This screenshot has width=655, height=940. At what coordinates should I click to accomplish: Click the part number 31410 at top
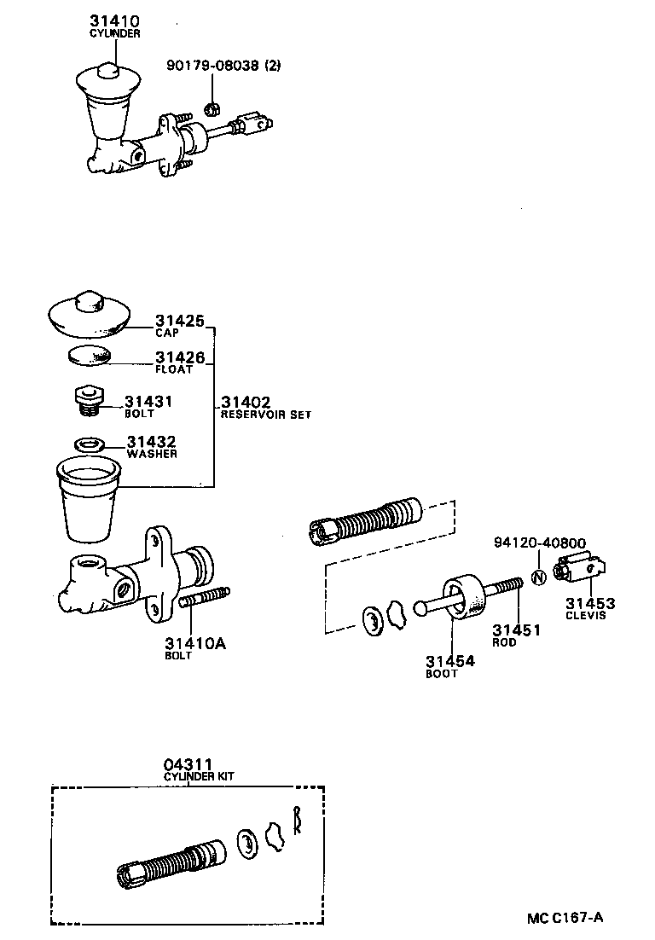click(115, 20)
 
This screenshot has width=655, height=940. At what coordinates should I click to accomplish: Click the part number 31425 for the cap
click(179, 322)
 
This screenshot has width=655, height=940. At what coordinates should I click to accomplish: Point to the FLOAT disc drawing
click(89, 355)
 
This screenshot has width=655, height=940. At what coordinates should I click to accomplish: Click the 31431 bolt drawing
click(87, 399)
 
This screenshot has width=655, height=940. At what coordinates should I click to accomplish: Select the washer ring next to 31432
click(89, 444)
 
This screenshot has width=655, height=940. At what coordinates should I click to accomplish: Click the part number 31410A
click(194, 643)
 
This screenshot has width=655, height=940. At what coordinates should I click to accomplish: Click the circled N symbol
click(537, 577)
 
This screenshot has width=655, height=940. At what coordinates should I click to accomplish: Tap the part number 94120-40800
click(539, 543)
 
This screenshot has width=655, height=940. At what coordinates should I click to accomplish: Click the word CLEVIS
click(585, 616)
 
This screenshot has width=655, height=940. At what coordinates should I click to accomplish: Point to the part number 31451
click(516, 630)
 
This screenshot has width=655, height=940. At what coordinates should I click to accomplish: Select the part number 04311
click(188, 764)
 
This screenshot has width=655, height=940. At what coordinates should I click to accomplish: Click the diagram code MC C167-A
click(564, 918)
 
